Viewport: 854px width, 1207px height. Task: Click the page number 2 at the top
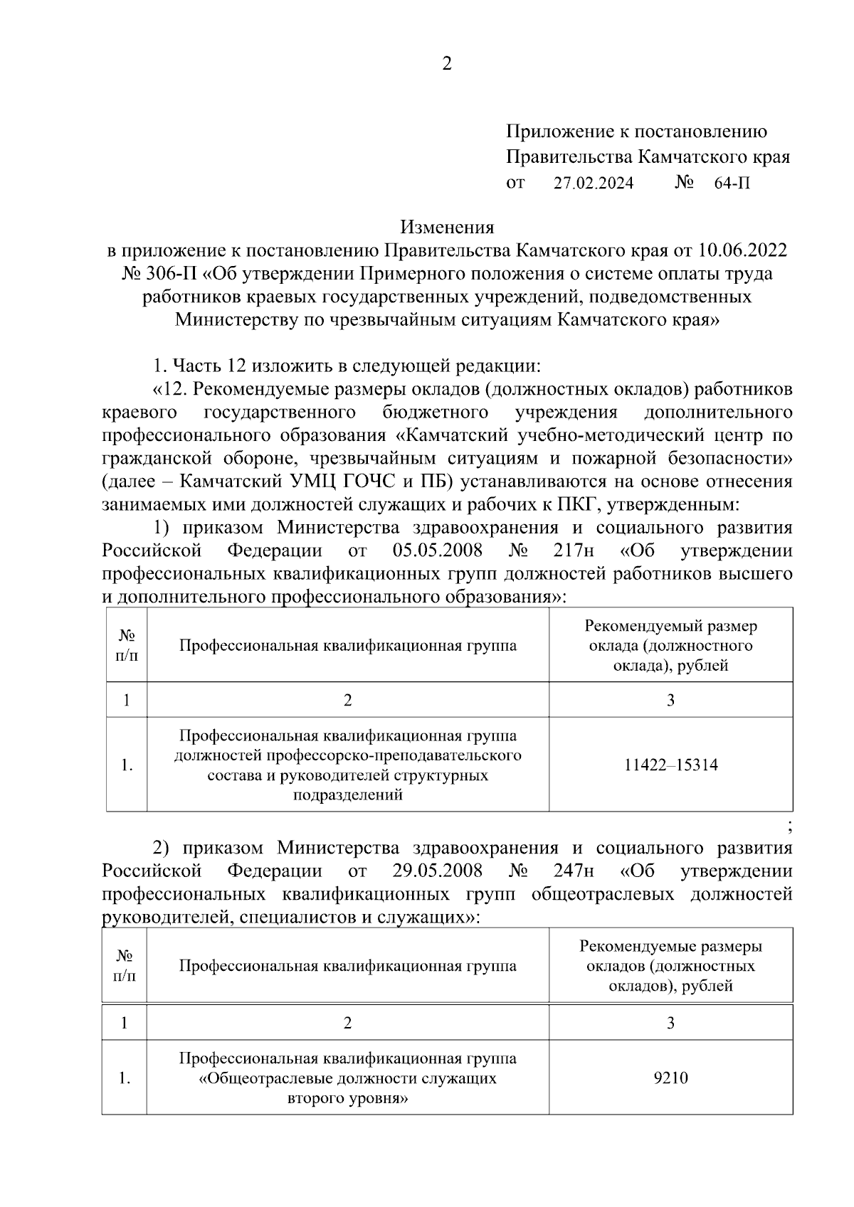coord(447,65)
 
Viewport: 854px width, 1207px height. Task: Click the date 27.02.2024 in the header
coord(594,184)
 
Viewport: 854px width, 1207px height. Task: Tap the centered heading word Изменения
coord(447,228)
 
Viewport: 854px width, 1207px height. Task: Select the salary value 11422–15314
coord(670,765)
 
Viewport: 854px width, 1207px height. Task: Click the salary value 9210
coord(670,1078)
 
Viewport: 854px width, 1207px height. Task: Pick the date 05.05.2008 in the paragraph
coord(437,551)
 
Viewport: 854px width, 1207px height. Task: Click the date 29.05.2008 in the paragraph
coord(437,871)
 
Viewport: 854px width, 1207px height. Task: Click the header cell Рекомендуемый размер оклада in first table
coord(670,646)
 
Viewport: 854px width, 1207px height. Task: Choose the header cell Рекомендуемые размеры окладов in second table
coord(670,966)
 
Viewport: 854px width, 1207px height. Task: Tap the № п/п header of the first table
coord(127,646)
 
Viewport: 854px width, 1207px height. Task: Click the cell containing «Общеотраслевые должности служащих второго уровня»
coord(347,1078)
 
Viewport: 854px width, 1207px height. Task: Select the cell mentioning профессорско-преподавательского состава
coord(347,765)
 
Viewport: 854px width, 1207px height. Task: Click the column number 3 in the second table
coord(670,1023)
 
